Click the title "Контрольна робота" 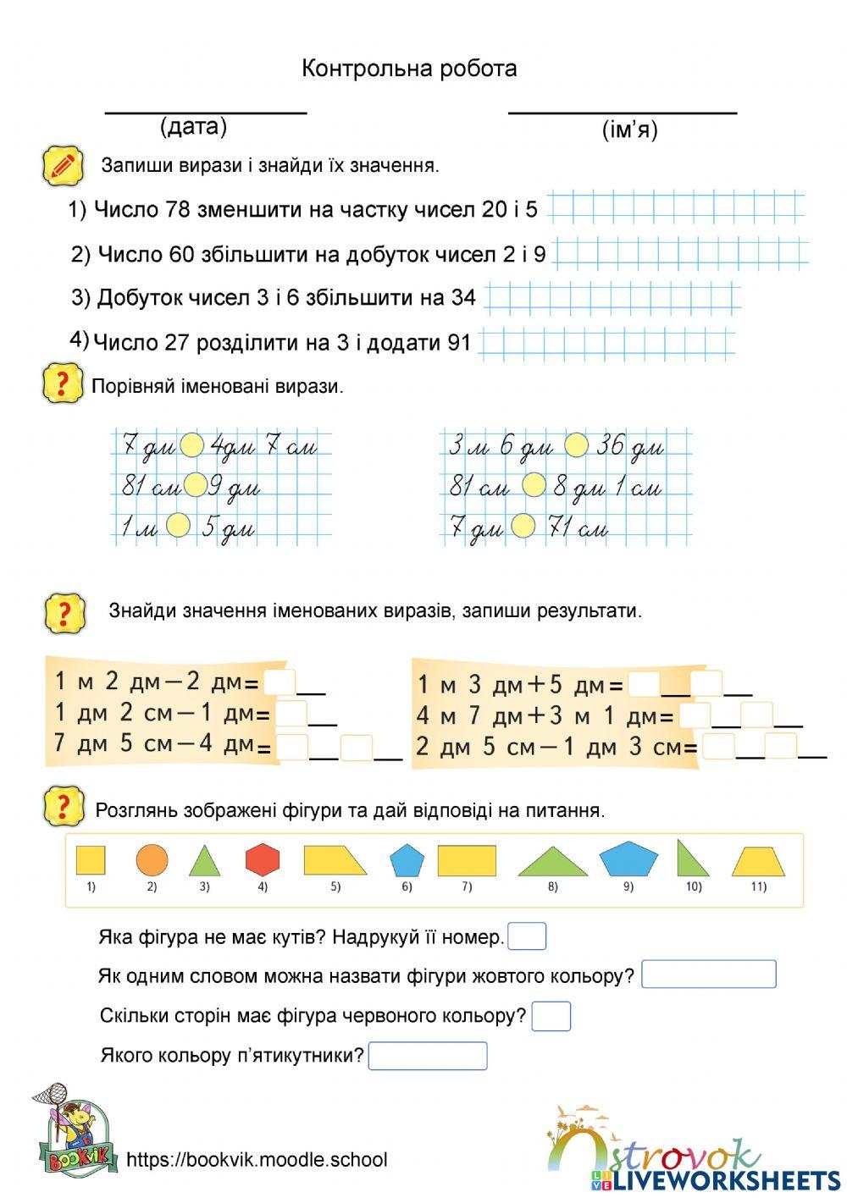pyautogui.click(x=409, y=69)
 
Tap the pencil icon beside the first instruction pyautogui.click(x=63, y=165)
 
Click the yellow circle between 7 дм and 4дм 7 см pyautogui.click(x=192, y=445)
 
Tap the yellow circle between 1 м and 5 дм pyautogui.click(x=178, y=526)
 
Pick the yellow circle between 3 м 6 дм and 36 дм pyautogui.click(x=576, y=445)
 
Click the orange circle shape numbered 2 pyautogui.click(x=152, y=859)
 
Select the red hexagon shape pyautogui.click(x=263, y=859)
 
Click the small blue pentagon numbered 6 pyautogui.click(x=407, y=860)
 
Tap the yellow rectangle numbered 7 pyautogui.click(x=467, y=860)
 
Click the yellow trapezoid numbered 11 pyautogui.click(x=758, y=862)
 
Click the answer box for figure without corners pyautogui.click(x=527, y=936)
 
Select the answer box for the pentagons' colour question pyautogui.click(x=428, y=1056)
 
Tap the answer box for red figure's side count pyautogui.click(x=551, y=1016)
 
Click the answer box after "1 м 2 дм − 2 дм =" pyautogui.click(x=280, y=682)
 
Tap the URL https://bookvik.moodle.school pyautogui.click(x=257, y=1160)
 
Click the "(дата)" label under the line pyautogui.click(x=193, y=127)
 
